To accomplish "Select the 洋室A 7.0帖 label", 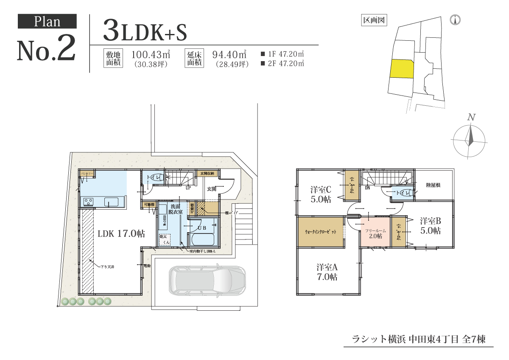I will [327, 272].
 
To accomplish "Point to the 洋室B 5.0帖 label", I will [431, 226].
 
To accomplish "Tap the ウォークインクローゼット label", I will [321, 232].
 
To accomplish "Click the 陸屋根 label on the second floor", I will [433, 185].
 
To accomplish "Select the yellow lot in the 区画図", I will [401, 68].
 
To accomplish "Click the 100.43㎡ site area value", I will [151, 54].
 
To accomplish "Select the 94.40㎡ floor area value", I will [229, 54].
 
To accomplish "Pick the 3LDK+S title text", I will [144, 31].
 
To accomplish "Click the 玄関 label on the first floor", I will [212, 188].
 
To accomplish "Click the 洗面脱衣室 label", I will [175, 208].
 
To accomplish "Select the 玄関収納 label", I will [207, 173].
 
